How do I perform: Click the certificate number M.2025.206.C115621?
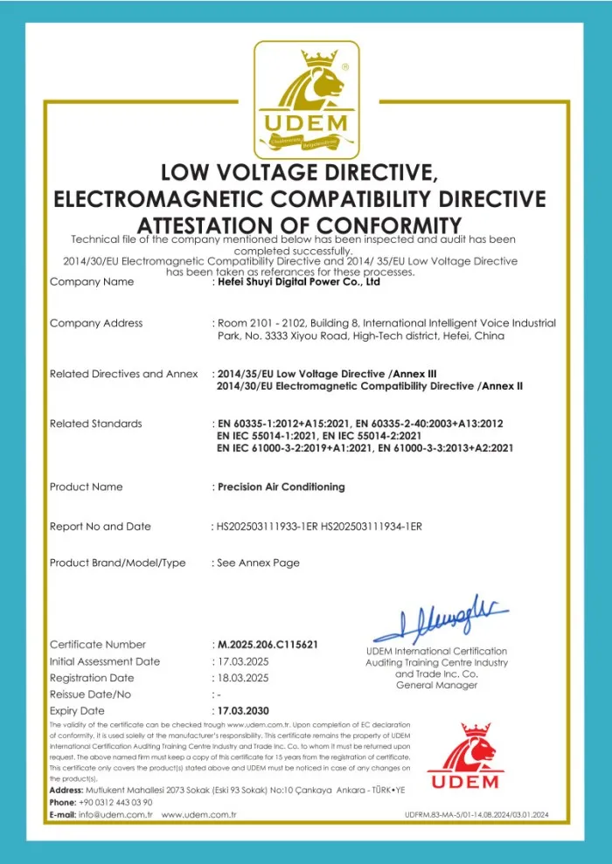click(x=268, y=645)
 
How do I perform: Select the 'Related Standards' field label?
click(x=96, y=424)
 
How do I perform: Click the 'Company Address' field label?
click(x=96, y=323)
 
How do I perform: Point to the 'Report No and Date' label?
click(x=101, y=527)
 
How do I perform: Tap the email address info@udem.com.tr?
click(x=116, y=814)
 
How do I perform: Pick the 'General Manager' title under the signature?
click(x=436, y=686)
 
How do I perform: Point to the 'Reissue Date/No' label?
click(x=91, y=695)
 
